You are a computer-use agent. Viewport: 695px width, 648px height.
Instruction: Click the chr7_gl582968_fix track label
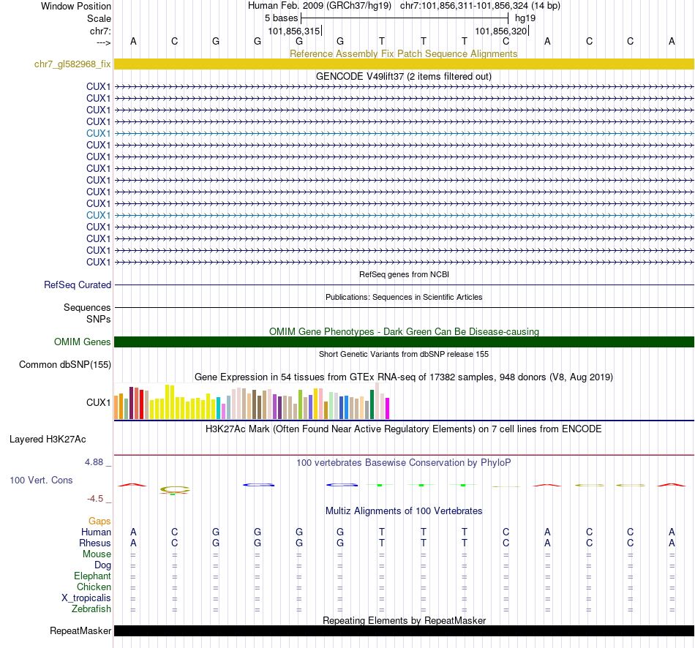point(72,64)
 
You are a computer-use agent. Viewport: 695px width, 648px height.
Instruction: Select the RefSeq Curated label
point(78,285)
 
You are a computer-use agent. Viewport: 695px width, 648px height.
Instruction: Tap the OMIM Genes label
point(83,342)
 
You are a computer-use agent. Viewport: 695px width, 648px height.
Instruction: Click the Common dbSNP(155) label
point(65,364)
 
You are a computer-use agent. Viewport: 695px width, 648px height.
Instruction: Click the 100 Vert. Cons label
point(41,480)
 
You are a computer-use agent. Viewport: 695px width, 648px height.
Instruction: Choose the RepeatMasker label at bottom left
point(80,630)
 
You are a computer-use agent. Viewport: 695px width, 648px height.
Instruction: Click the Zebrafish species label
point(91,609)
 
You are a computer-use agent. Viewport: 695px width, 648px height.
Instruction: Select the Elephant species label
point(92,576)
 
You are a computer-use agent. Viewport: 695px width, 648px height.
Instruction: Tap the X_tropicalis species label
point(86,598)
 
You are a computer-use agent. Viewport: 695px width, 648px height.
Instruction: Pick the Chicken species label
point(94,587)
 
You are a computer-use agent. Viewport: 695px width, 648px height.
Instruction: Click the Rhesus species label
point(95,543)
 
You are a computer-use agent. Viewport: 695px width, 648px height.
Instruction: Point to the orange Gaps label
point(99,521)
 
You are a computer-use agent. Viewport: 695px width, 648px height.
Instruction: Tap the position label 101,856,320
point(500,31)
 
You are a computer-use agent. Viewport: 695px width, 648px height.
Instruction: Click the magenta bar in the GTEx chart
point(387,408)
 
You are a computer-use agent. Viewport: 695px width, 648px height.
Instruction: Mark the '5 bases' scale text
point(281,18)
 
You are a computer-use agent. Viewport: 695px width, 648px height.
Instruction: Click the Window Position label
point(76,7)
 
